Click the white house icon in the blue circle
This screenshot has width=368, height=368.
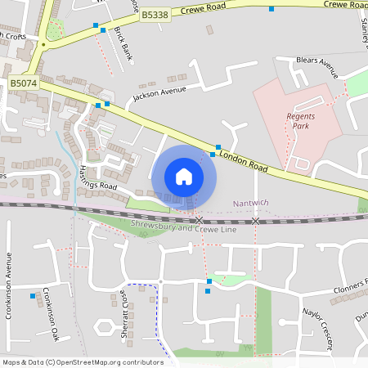click(x=184, y=176)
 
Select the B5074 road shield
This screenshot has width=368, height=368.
click(x=23, y=83)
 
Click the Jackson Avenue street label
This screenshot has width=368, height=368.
click(x=160, y=94)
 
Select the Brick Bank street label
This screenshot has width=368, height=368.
click(x=123, y=43)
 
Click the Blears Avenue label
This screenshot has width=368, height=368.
click(x=317, y=63)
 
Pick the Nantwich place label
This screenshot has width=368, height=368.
click(x=250, y=202)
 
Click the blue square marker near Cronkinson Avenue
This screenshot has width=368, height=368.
click(x=33, y=295)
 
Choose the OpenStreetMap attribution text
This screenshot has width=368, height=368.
click(x=83, y=362)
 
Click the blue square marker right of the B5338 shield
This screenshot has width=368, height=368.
click(x=272, y=8)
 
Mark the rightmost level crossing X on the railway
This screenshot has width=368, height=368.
click(x=256, y=221)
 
